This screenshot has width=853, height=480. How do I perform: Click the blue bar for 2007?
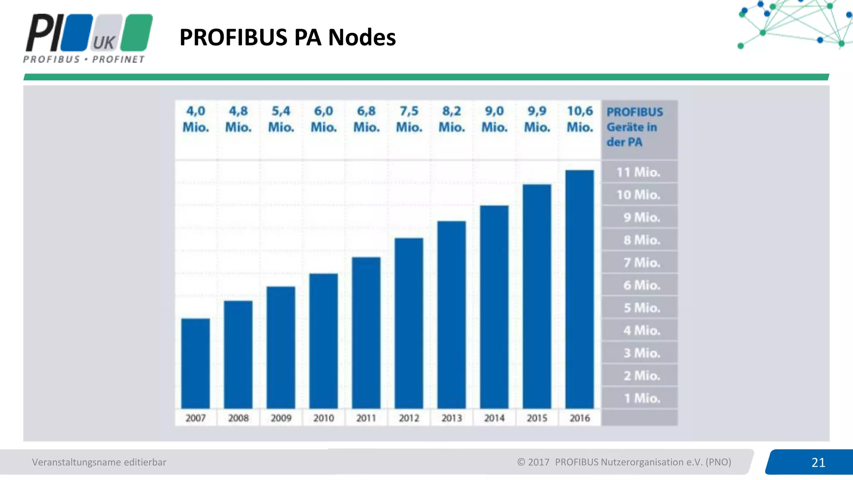click(x=195, y=363)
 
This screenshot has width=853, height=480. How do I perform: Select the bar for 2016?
click(x=579, y=289)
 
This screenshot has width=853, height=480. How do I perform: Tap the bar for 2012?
click(x=409, y=323)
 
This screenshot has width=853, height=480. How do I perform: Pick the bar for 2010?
click(x=323, y=341)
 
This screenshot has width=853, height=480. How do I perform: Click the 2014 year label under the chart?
click(x=494, y=418)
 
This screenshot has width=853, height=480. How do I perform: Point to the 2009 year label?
click(x=281, y=418)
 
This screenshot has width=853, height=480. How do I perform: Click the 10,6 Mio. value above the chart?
click(x=580, y=119)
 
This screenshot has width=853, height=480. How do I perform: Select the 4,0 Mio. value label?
click(x=196, y=119)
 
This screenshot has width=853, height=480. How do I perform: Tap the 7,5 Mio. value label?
click(x=409, y=119)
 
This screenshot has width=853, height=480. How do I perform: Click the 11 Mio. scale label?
click(x=638, y=172)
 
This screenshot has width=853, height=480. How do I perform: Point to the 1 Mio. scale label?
click(x=641, y=398)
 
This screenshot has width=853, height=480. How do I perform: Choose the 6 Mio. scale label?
click(x=641, y=285)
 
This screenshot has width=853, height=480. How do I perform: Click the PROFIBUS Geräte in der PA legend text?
click(x=634, y=127)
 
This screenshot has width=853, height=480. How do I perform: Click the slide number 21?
click(x=818, y=462)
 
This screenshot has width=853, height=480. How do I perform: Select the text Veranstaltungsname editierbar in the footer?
click(x=99, y=462)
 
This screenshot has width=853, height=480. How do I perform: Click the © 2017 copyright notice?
click(x=624, y=462)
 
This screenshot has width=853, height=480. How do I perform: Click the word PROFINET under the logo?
click(x=118, y=60)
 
